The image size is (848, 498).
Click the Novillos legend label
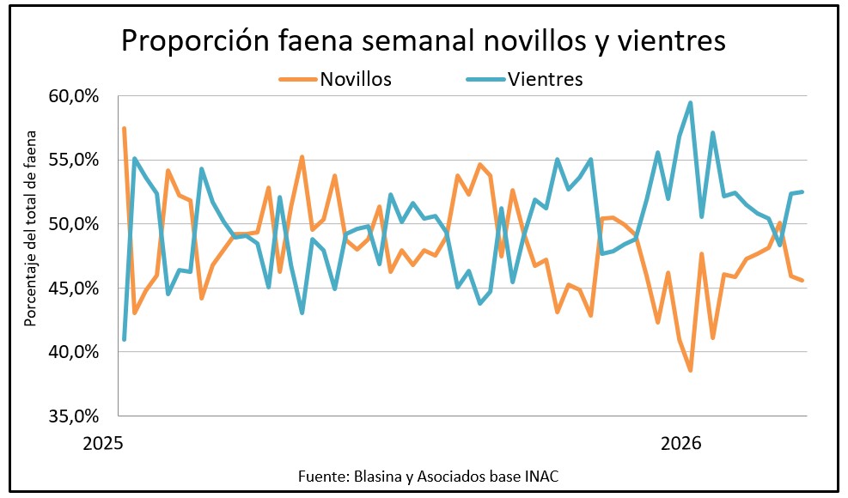356,80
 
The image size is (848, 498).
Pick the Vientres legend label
546,80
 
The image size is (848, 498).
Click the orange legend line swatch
297,80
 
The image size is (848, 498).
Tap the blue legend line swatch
485,80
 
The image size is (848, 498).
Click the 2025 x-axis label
104,444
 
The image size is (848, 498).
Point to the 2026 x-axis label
681,444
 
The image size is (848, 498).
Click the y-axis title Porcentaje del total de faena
30,228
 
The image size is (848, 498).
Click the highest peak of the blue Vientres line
691,103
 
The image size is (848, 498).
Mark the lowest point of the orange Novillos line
690,370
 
